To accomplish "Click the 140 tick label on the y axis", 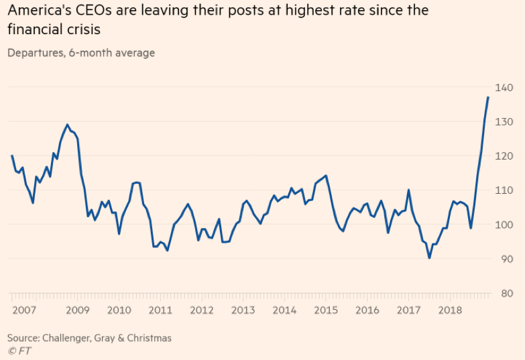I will tap(505, 88).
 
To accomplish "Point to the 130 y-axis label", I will tap(505, 122).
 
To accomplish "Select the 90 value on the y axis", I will tap(506, 259).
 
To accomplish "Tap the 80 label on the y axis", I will tap(506, 293).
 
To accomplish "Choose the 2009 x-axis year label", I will tap(78, 310).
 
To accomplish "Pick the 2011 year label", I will tap(160, 310).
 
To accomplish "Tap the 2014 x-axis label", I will tap(284, 310).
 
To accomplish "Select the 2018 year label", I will tap(449, 310).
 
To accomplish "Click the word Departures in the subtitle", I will tap(35, 53).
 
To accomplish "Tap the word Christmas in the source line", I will tap(148, 338).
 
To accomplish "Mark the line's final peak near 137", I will tap(488, 98).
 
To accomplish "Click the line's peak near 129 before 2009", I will tap(67, 125).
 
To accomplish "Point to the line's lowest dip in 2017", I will tap(430, 258).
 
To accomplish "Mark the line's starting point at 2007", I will tap(12, 156).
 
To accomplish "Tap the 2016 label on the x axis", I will tap(367, 310).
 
